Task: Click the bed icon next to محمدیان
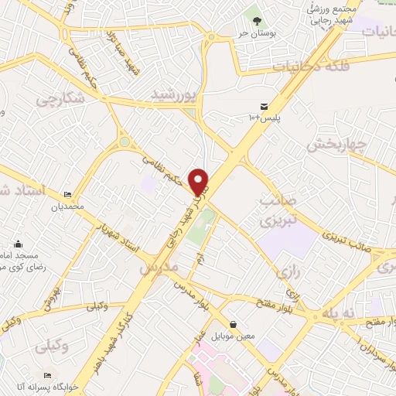[x=67, y=196]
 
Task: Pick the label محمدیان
[x=67, y=207]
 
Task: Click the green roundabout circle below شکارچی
[x=124, y=142]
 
